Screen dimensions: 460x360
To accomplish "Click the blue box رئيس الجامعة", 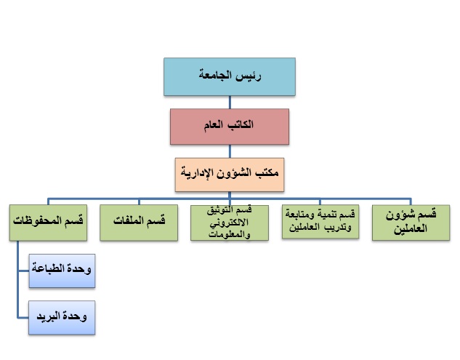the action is [x=230, y=76].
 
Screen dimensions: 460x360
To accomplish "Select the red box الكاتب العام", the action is [x=230, y=127].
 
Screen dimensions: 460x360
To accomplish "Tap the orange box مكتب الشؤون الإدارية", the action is [x=230, y=175].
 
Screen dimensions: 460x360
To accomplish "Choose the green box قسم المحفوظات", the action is [x=48, y=223].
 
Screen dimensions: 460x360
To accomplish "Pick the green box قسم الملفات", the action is [x=139, y=223].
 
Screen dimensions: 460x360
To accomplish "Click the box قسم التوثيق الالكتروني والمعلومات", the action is [x=230, y=223].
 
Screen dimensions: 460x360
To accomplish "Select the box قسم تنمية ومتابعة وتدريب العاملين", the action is [x=320, y=221].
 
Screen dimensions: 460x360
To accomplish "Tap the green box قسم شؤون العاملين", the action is [x=411, y=223].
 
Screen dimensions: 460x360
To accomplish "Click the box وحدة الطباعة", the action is [x=62, y=271].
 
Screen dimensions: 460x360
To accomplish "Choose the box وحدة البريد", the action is [x=62, y=317].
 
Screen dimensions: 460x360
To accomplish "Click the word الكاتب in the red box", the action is [x=240, y=124].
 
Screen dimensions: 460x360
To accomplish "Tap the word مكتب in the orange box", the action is [x=267, y=172].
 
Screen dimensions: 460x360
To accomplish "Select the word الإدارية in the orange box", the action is [x=193, y=172].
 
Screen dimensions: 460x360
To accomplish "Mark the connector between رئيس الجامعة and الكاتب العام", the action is [x=230, y=103].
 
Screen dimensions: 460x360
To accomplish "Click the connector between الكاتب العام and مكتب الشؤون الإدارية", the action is [x=230, y=151].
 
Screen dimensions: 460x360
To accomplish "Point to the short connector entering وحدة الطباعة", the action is [x=23, y=271].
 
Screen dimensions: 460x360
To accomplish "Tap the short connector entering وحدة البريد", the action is [x=23, y=317].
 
